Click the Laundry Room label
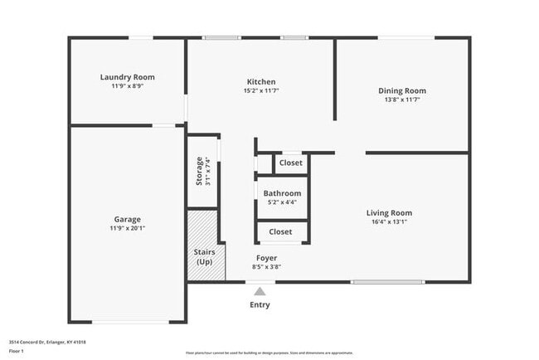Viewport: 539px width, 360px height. point(127,77)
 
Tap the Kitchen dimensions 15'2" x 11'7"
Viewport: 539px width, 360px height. point(261,91)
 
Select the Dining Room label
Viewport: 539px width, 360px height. point(402,90)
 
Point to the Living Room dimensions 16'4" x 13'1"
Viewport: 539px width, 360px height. point(389,222)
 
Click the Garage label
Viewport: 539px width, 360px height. point(127,219)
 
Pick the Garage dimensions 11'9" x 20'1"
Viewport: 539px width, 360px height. point(127,228)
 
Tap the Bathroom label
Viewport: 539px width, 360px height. point(282,193)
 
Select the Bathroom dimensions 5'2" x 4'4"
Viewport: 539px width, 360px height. point(282,202)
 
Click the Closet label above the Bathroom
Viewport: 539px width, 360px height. point(291,163)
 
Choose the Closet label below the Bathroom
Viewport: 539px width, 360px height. point(281,232)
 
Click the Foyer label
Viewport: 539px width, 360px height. point(266,258)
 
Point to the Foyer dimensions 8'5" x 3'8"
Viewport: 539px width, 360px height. point(266,267)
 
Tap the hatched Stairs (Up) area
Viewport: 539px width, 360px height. point(204,246)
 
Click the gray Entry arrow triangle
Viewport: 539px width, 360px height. point(260,291)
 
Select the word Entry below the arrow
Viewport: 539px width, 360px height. point(260,304)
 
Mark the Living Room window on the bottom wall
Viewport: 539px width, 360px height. point(381,282)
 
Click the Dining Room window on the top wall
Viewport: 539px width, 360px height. point(405,37)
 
